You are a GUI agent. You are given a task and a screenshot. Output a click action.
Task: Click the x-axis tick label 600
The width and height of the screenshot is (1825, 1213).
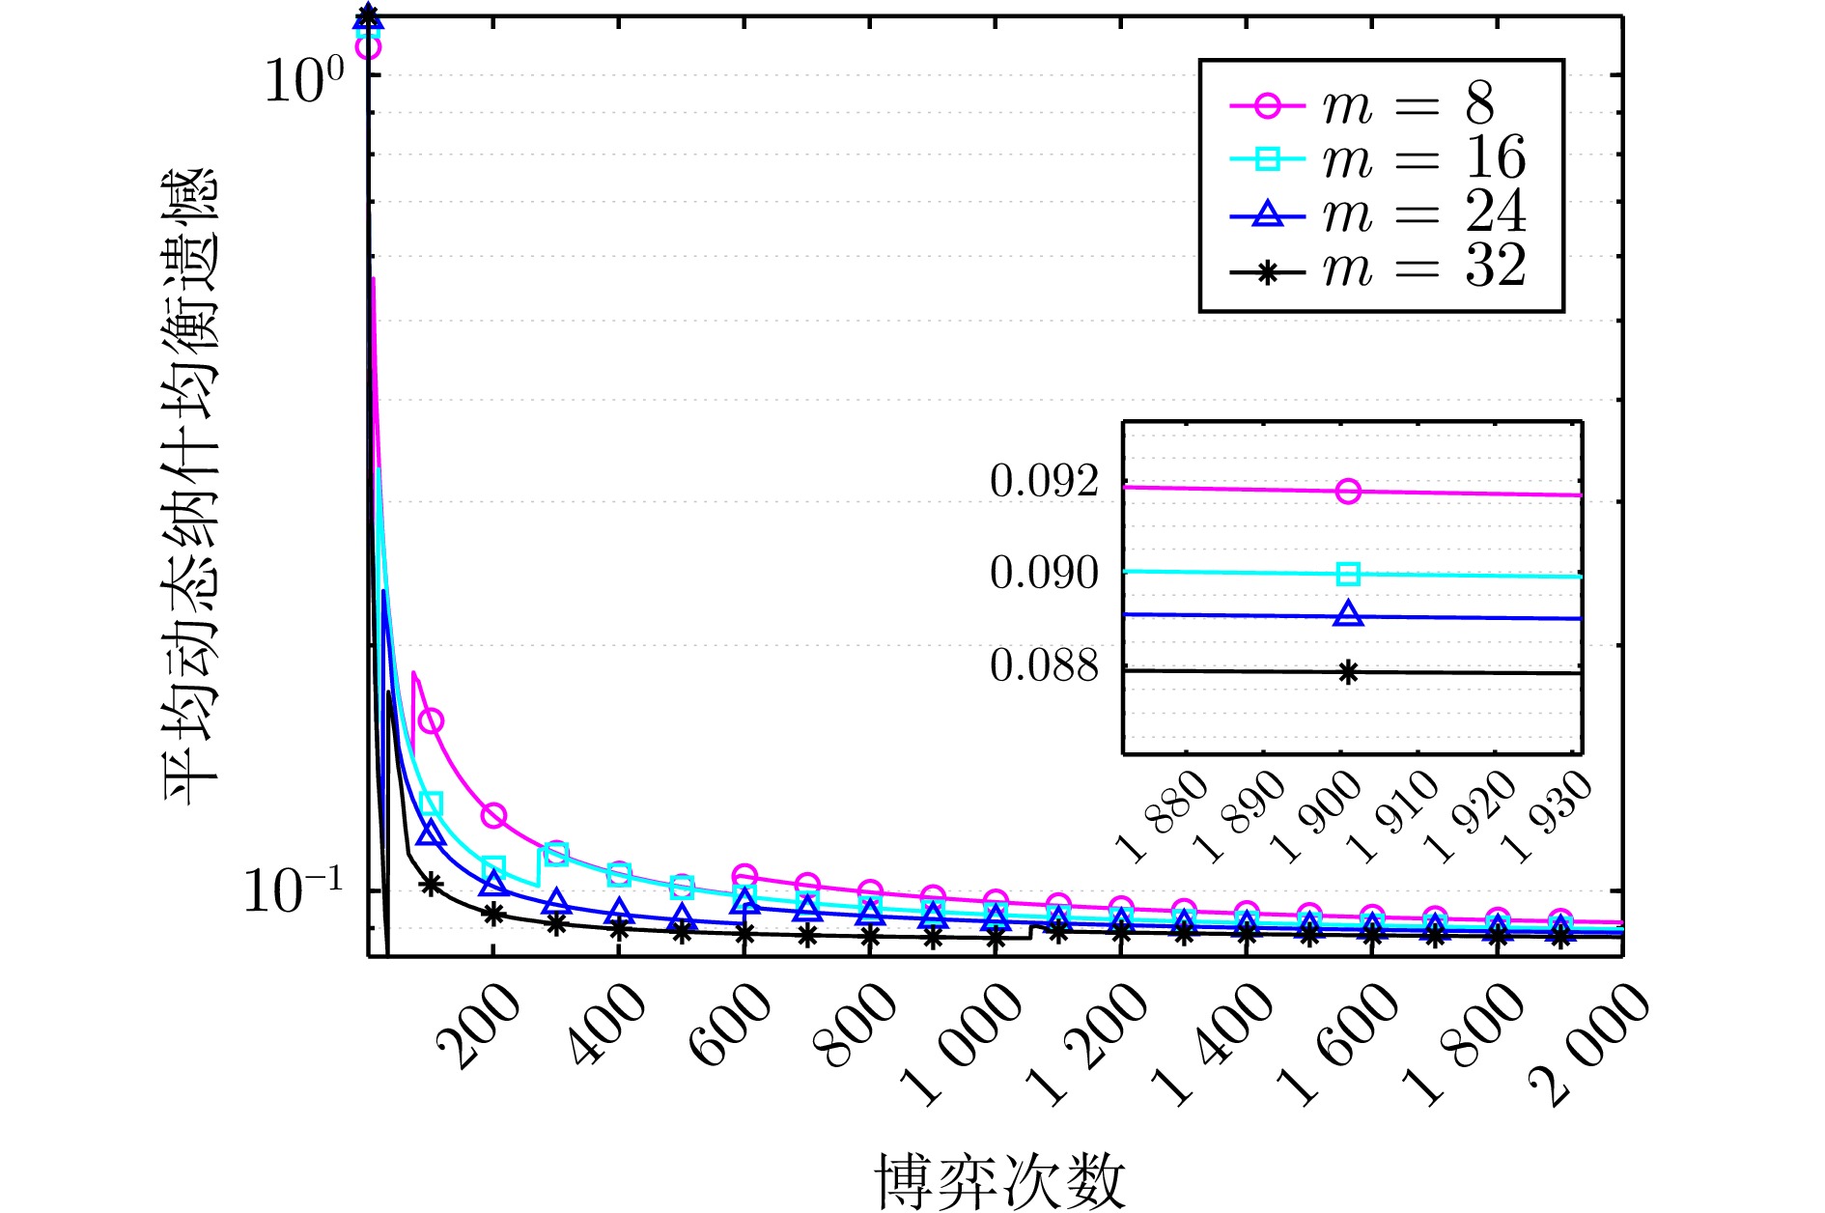pos(730,1026)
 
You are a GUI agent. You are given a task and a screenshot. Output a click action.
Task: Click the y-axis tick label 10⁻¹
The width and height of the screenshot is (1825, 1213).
pos(294,890)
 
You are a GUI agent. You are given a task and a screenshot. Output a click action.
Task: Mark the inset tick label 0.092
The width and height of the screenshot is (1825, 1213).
pos(1045,481)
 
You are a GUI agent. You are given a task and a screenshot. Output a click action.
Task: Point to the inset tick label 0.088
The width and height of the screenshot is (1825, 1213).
pos(1045,665)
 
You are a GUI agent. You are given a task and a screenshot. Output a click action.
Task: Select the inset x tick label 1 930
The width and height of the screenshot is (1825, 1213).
pos(1549,816)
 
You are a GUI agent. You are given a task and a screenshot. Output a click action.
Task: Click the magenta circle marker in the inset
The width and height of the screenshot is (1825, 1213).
pos(1349,492)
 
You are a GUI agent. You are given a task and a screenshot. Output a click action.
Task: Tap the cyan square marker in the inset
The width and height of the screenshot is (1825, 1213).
pos(1349,575)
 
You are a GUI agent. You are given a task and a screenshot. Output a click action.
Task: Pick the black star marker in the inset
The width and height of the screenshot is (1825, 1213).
pos(1349,673)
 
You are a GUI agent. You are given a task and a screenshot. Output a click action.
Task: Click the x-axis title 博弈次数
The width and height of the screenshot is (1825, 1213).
pos(1000,1180)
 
